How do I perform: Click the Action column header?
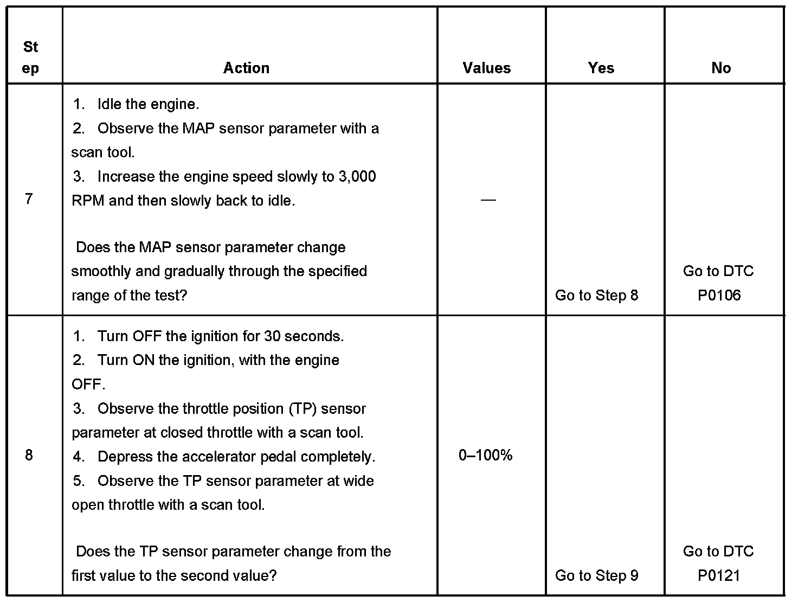pos(246,68)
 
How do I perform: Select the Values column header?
pos(487,68)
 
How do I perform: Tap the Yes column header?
pos(601,68)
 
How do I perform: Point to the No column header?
pos(721,68)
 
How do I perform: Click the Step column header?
pos(31,57)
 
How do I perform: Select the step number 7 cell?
pos(29,199)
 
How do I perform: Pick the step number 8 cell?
pos(29,455)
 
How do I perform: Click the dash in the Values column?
pos(488,200)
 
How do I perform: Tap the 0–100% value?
pos(486,455)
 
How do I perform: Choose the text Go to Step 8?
pos(597,295)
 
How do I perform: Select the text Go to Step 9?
pos(597,575)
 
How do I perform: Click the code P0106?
pos(719,295)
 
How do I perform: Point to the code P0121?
pos(719,575)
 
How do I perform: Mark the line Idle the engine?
pos(148,104)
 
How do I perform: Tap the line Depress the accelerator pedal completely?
pos(236,457)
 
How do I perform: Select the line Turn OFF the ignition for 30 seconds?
pos(220,336)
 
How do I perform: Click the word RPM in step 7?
pos(88,201)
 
